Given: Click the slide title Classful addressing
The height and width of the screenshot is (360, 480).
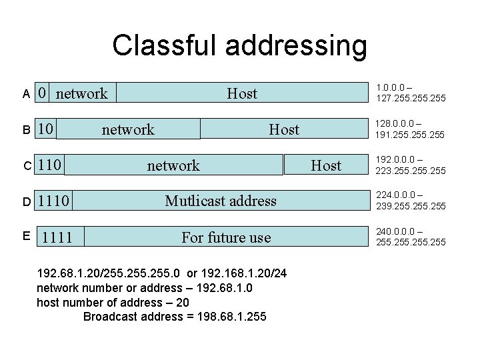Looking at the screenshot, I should [x=239, y=46].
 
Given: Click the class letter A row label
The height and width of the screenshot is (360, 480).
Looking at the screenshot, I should [x=26, y=94].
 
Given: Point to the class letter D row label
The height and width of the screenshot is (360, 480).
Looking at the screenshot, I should [x=26, y=201].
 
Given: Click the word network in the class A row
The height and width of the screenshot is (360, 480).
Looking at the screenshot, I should [x=81, y=94].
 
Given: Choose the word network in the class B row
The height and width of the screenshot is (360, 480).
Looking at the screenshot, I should [x=127, y=129].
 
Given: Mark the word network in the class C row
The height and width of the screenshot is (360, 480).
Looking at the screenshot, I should [x=173, y=165].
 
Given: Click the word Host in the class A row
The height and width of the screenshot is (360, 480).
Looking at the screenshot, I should [x=241, y=94].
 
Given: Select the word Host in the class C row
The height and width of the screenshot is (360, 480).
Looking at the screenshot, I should [x=326, y=165].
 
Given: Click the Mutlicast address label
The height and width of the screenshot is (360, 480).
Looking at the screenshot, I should [x=221, y=201].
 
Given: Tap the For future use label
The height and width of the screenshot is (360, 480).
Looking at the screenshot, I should [x=226, y=237].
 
